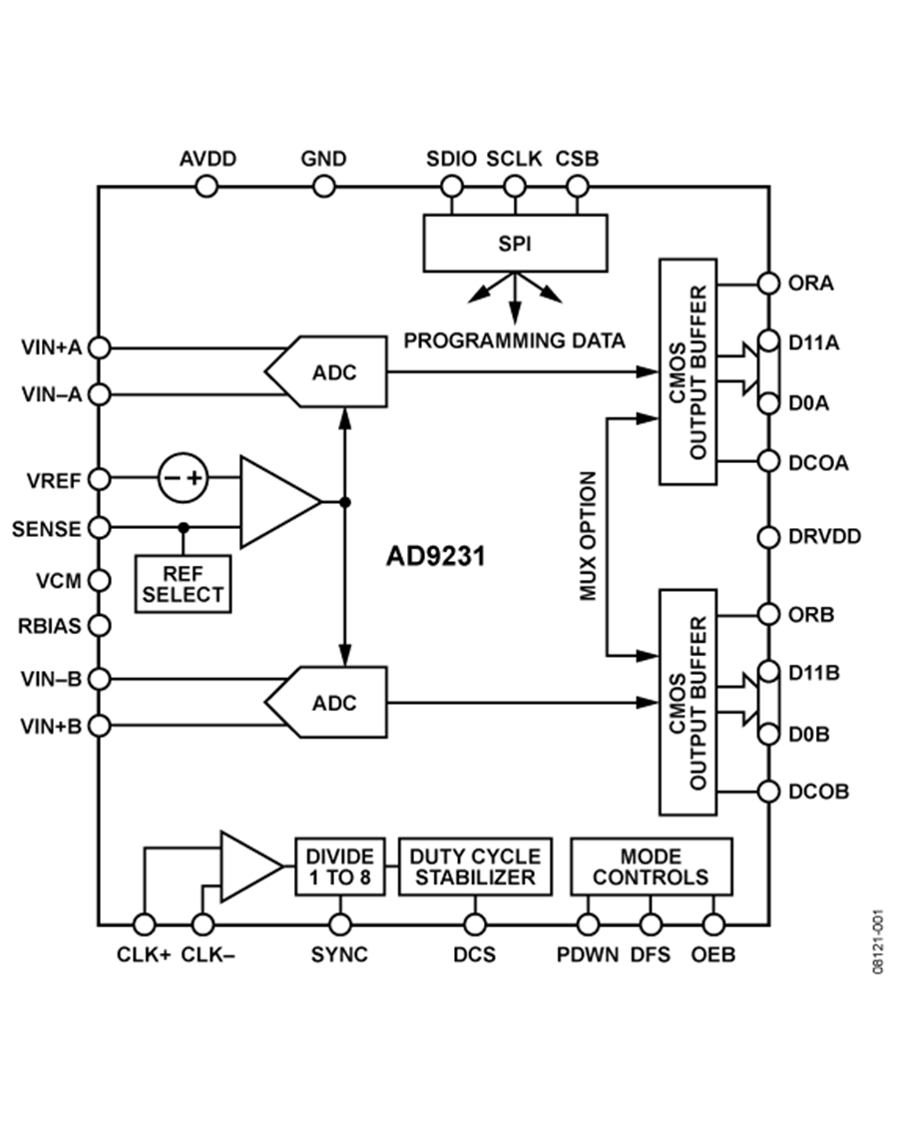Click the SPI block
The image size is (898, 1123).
pyautogui.click(x=515, y=244)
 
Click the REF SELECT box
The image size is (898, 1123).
pyautogui.click(x=183, y=584)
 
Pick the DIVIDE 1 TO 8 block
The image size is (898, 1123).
pyautogui.click(x=339, y=866)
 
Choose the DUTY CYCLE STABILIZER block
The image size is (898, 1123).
pyautogui.click(x=475, y=866)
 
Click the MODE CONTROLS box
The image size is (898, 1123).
pyautogui.click(x=651, y=866)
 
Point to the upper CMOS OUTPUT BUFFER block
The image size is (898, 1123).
pyautogui.click(x=687, y=372)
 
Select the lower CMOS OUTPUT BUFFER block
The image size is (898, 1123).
pyautogui.click(x=687, y=702)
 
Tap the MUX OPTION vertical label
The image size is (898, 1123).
pyautogui.click(x=589, y=536)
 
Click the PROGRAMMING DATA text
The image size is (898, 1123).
pyautogui.click(x=514, y=341)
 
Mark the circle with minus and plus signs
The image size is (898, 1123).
pyautogui.click(x=183, y=477)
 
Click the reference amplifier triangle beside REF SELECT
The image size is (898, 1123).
pyautogui.click(x=274, y=502)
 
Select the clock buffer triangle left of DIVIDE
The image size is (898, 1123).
pyautogui.click(x=247, y=865)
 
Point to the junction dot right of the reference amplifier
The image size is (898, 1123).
pyautogui.click(x=344, y=502)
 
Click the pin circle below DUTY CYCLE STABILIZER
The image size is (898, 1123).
pyautogui.click(x=475, y=924)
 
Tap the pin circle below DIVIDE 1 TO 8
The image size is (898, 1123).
pyautogui.click(x=339, y=924)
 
